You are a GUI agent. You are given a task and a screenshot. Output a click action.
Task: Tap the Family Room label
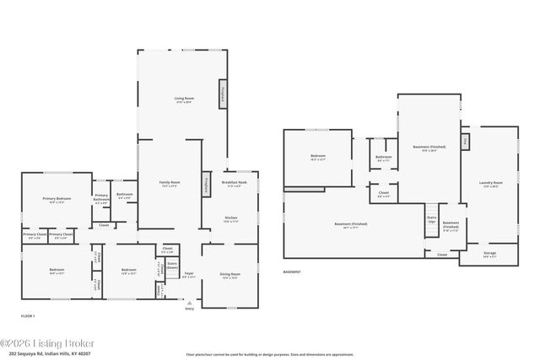point(170,183)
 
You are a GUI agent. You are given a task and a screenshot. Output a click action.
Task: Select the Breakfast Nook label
point(234,183)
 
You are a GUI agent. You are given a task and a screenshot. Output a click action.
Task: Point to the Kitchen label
point(230,218)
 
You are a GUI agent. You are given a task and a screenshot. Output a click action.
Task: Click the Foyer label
point(189,274)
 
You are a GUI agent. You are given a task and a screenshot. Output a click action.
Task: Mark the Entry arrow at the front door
point(189,304)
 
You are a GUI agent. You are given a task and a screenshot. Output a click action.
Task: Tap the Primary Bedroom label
point(57,200)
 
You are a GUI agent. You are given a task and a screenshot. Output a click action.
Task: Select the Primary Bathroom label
point(102,200)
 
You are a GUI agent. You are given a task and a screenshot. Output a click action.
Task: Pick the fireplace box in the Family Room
point(205,185)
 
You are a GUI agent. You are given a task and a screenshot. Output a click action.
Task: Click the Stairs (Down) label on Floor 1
point(172,265)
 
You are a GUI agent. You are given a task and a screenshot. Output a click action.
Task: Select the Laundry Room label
point(491,183)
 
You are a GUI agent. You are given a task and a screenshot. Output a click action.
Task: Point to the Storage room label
point(489,253)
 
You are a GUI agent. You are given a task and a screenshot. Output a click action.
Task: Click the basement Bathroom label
point(384,158)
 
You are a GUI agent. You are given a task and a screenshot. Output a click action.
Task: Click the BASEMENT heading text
point(291,272)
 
